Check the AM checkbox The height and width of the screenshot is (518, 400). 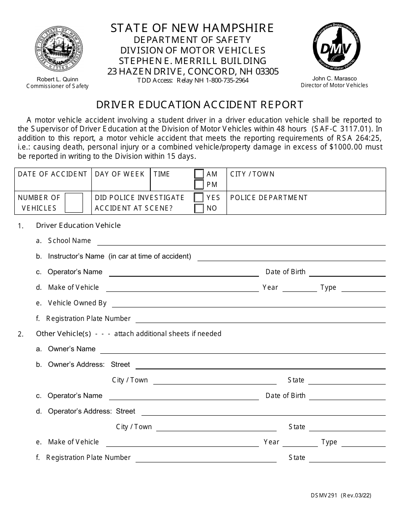pyautogui.click(x=199, y=174)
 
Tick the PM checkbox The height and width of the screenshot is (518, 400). pyautogui.click(x=199, y=184)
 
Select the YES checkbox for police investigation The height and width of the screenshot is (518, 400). pyautogui.click(x=199, y=198)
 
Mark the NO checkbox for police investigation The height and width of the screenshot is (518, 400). pyautogui.click(x=199, y=208)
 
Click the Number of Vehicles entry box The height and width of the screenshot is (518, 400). pyautogui.click(x=74, y=203)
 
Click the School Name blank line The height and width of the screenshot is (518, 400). pyautogui.click(x=241, y=242)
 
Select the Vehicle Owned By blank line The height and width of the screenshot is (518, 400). pyautogui.click(x=248, y=304)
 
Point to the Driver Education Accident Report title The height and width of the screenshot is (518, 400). pyautogui.click(x=200, y=105)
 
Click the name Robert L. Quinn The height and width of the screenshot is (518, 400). pyautogui.click(x=57, y=79)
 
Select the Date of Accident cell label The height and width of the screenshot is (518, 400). pyautogui.click(x=52, y=174)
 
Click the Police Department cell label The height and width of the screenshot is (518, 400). pyautogui.click(x=269, y=198)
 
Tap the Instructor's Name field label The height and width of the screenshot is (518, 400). pyautogui.click(x=76, y=256)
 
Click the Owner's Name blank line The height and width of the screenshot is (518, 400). pyautogui.click(x=243, y=350)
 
